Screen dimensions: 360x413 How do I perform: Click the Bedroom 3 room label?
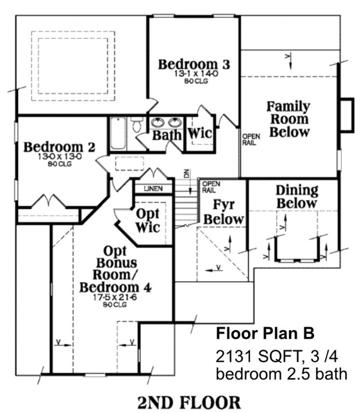pyautogui.click(x=194, y=65)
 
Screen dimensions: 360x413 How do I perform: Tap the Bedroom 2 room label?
pyautogui.click(x=60, y=147)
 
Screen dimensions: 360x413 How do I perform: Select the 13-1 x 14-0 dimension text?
pyautogui.click(x=196, y=74)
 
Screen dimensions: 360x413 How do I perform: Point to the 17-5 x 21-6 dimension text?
pyautogui.click(x=115, y=297)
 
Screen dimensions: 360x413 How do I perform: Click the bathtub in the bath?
pyautogui.click(x=118, y=134)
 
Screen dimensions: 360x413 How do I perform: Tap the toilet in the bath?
pyautogui.click(x=137, y=124)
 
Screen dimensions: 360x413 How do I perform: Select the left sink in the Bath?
pyautogui.click(x=157, y=123)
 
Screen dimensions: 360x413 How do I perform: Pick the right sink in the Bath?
pyautogui.click(x=175, y=123)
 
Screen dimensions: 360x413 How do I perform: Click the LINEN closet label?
pyautogui.click(x=154, y=189)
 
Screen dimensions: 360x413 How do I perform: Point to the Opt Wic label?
pyautogui.click(x=148, y=220)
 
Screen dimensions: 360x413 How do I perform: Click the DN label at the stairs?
pyautogui.click(x=186, y=173)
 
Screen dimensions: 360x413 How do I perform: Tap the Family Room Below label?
pyautogui.click(x=289, y=119)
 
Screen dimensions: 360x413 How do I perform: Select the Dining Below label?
pyautogui.click(x=297, y=197)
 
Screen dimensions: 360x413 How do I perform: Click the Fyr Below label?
pyautogui.click(x=224, y=212)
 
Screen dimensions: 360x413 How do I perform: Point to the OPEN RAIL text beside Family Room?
pyautogui.click(x=251, y=140)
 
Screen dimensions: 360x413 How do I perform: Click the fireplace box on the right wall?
pyautogui.click(x=347, y=115)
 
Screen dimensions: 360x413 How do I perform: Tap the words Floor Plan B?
pyautogui.click(x=265, y=333)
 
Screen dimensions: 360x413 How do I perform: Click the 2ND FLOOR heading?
pyautogui.click(x=189, y=402)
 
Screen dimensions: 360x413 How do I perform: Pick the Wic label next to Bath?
pyautogui.click(x=200, y=133)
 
